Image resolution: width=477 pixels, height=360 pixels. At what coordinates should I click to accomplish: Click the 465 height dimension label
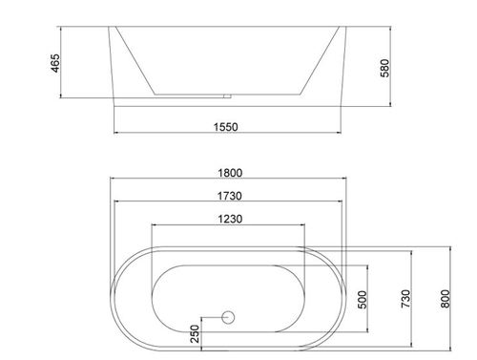tap(55, 63)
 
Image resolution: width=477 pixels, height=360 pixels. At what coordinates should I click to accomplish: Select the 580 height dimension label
tap(384, 68)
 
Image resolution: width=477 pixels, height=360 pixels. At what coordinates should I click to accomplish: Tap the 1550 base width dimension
tap(225, 127)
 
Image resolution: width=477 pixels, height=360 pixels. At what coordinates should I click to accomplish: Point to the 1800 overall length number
tap(230, 173)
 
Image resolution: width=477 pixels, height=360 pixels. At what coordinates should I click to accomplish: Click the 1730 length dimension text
tap(230, 196)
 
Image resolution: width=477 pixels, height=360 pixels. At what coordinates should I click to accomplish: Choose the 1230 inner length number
tap(230, 219)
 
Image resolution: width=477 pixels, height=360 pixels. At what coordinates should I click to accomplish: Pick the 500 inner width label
tap(363, 300)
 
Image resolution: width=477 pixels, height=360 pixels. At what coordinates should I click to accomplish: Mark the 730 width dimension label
tap(405, 299)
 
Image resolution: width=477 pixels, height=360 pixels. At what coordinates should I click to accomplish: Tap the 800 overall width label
tap(446, 299)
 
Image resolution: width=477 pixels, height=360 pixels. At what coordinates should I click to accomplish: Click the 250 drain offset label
tap(195, 333)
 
